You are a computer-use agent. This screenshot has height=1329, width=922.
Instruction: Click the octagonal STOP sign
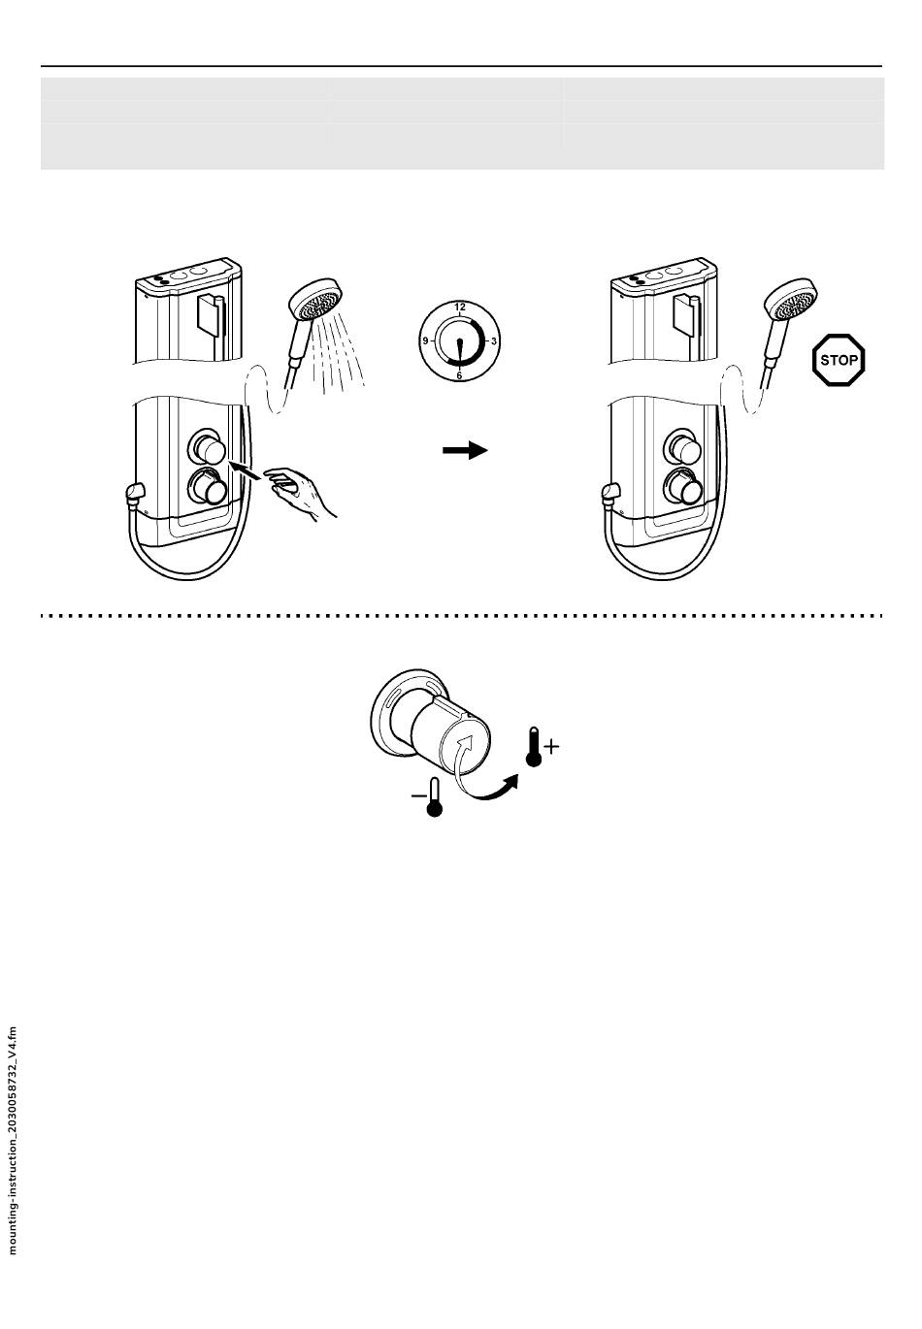pos(838,360)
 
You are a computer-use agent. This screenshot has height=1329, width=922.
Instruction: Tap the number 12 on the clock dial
pos(459,307)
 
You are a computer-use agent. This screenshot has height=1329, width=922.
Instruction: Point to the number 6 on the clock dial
pos(459,374)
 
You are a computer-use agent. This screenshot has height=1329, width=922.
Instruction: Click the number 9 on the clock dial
pos(425,341)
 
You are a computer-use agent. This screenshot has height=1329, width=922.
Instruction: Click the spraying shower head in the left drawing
pos(316,303)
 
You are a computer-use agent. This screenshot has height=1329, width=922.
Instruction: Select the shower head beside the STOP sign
pos(790,303)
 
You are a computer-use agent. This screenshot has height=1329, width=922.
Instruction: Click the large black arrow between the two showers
pos(464,450)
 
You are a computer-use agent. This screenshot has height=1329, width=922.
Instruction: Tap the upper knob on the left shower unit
pos(209,449)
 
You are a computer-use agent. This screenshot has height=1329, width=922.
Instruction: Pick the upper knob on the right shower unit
pos(683,449)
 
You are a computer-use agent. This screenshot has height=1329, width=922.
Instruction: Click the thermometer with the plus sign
pos(533,747)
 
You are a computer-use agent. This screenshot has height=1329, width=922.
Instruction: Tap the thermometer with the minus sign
pos(434,796)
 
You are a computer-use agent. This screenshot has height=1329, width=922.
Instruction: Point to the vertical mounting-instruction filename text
pos(13,1139)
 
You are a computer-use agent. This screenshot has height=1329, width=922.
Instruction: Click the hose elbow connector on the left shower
pos(134,496)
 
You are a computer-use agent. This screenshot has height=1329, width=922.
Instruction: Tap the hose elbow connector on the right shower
pos(609,496)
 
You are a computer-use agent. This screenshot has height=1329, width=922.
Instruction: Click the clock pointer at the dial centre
pos(459,345)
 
